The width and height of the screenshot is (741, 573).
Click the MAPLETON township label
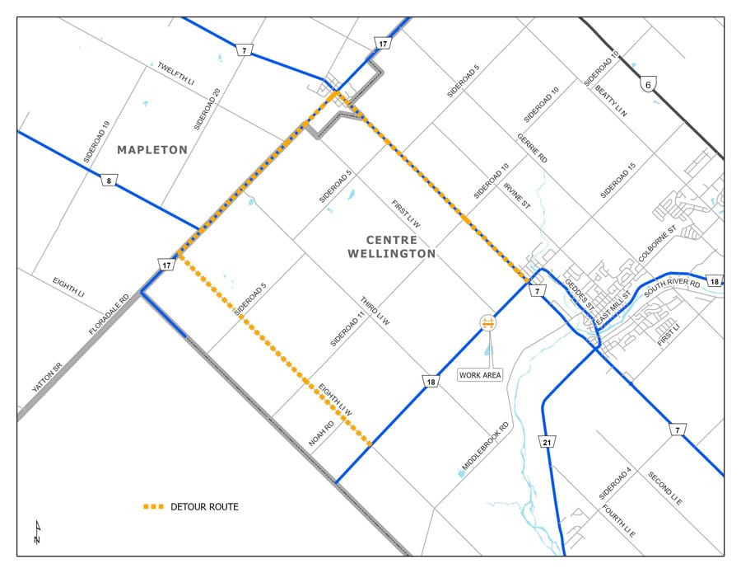pos(152,150)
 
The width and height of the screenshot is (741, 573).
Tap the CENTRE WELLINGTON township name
pos(391,247)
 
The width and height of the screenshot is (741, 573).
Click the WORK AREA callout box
pos(480,375)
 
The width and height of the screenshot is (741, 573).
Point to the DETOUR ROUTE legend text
pos(204,506)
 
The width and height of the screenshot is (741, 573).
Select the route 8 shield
pos(109,181)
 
